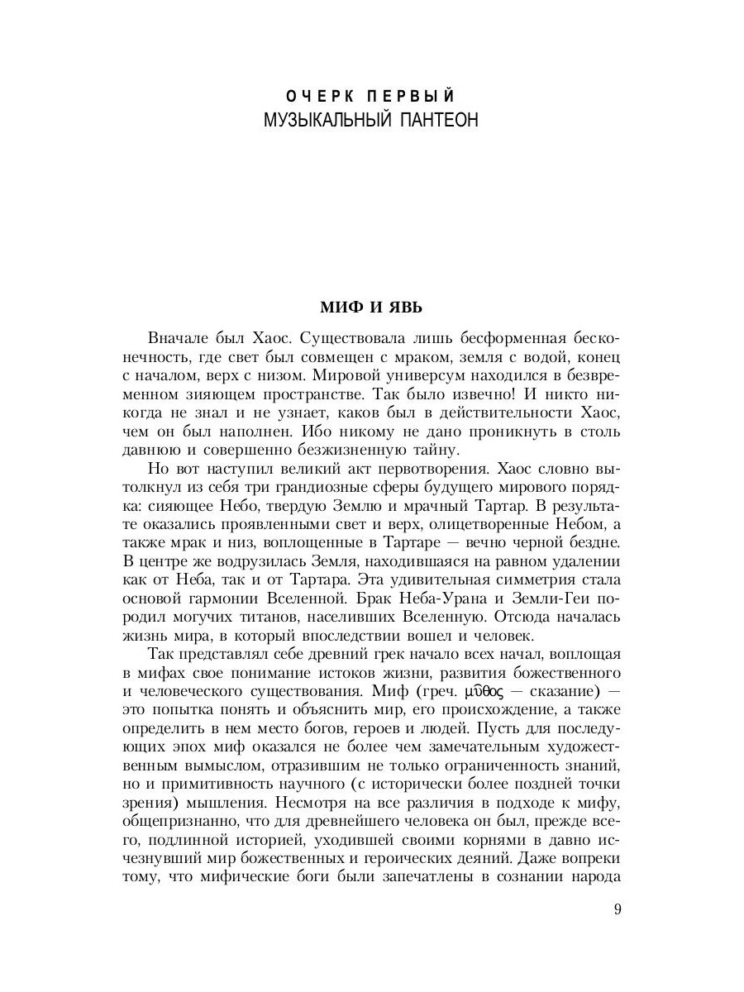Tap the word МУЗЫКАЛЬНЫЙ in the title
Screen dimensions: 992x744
coord(330,121)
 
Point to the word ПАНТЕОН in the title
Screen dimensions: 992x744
coord(439,121)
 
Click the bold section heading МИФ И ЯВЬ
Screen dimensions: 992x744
coord(371,308)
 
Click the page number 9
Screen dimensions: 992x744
coord(618,910)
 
